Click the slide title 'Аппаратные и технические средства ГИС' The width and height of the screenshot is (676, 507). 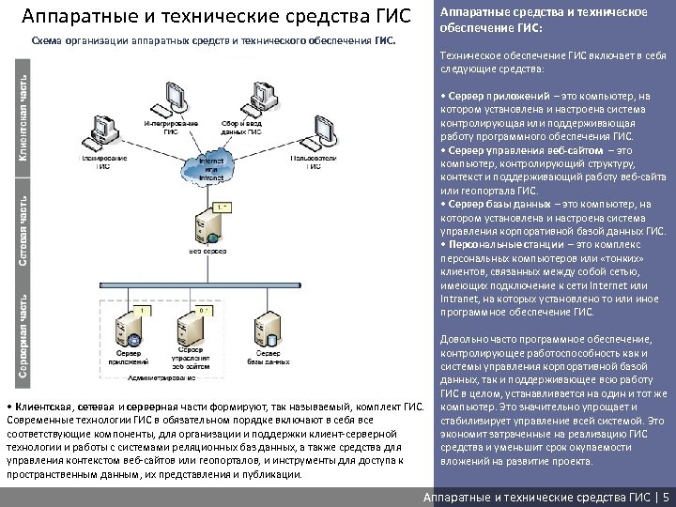(216, 16)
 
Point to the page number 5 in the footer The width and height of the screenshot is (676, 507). (666, 497)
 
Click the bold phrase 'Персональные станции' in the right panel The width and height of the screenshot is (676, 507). (497, 245)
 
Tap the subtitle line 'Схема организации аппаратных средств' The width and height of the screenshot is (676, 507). (214, 41)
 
